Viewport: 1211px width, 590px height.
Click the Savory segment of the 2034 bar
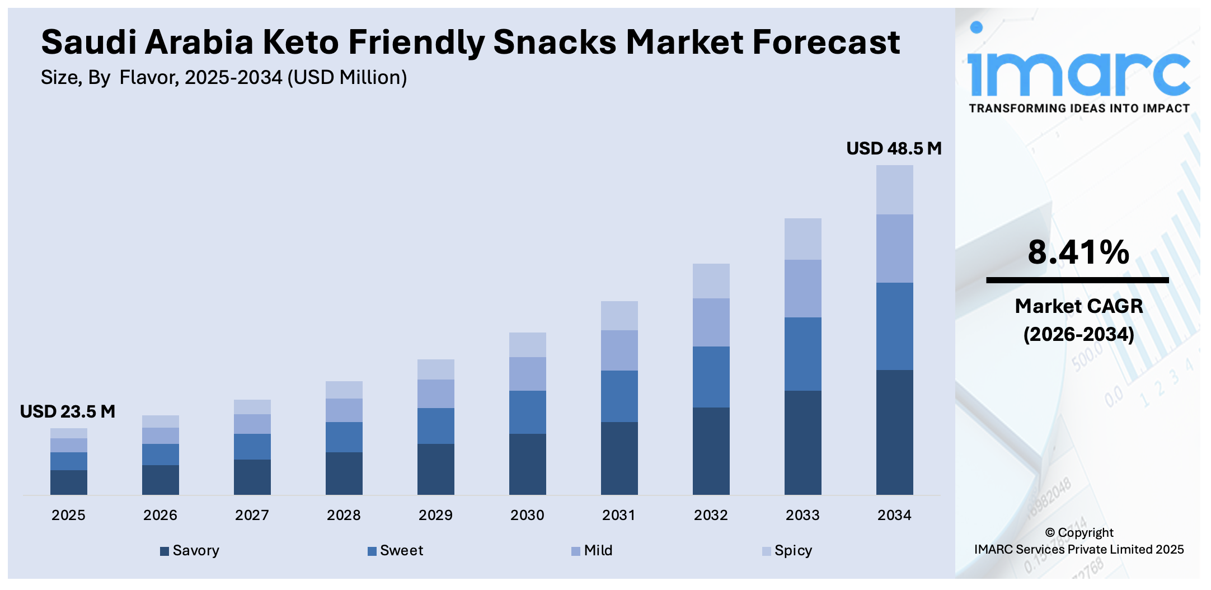(894, 432)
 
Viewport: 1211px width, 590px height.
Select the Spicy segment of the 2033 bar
(802, 239)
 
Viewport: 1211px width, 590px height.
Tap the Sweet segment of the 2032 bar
(711, 377)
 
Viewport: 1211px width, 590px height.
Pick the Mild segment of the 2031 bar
(619, 350)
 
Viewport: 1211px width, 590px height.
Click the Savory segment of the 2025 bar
(69, 482)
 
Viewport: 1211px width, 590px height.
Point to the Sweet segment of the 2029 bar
(435, 426)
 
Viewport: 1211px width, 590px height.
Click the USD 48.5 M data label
(894, 148)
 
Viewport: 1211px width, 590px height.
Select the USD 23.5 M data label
(68, 411)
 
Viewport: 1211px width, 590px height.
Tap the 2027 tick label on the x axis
(252, 515)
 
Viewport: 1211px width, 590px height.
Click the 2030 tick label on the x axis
(527, 515)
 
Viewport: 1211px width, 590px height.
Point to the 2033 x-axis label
(802, 515)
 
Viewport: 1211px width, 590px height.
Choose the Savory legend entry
(190, 551)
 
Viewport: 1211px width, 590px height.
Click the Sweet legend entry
(396, 551)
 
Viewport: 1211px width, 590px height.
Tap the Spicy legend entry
(787, 551)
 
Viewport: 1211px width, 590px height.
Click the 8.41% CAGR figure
(1078, 252)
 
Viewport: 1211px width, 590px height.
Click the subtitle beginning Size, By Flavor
(224, 77)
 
